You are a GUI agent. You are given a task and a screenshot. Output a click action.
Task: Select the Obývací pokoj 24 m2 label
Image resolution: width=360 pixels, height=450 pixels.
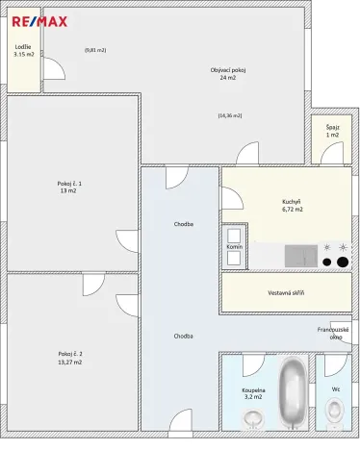(228, 73)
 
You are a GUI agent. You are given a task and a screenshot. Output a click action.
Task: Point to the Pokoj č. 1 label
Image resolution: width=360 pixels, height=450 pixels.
(68, 187)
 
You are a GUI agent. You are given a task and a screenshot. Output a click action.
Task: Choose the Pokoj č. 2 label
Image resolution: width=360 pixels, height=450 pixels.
(68, 358)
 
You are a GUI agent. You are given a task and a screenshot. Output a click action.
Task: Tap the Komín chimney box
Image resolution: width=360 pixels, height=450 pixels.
(234, 247)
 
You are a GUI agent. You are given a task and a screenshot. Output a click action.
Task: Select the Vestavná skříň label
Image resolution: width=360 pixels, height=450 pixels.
(285, 292)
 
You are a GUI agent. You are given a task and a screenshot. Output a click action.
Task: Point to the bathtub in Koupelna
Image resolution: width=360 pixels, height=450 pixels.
(292, 394)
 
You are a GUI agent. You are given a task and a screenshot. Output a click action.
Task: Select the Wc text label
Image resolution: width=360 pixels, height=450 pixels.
(336, 389)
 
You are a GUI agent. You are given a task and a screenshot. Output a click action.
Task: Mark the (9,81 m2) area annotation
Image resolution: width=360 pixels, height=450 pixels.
(95, 49)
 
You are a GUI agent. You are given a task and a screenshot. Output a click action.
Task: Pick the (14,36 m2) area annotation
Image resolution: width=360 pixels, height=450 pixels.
(230, 115)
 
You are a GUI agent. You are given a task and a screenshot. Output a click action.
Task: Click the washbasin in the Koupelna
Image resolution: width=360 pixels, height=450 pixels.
(254, 420)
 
